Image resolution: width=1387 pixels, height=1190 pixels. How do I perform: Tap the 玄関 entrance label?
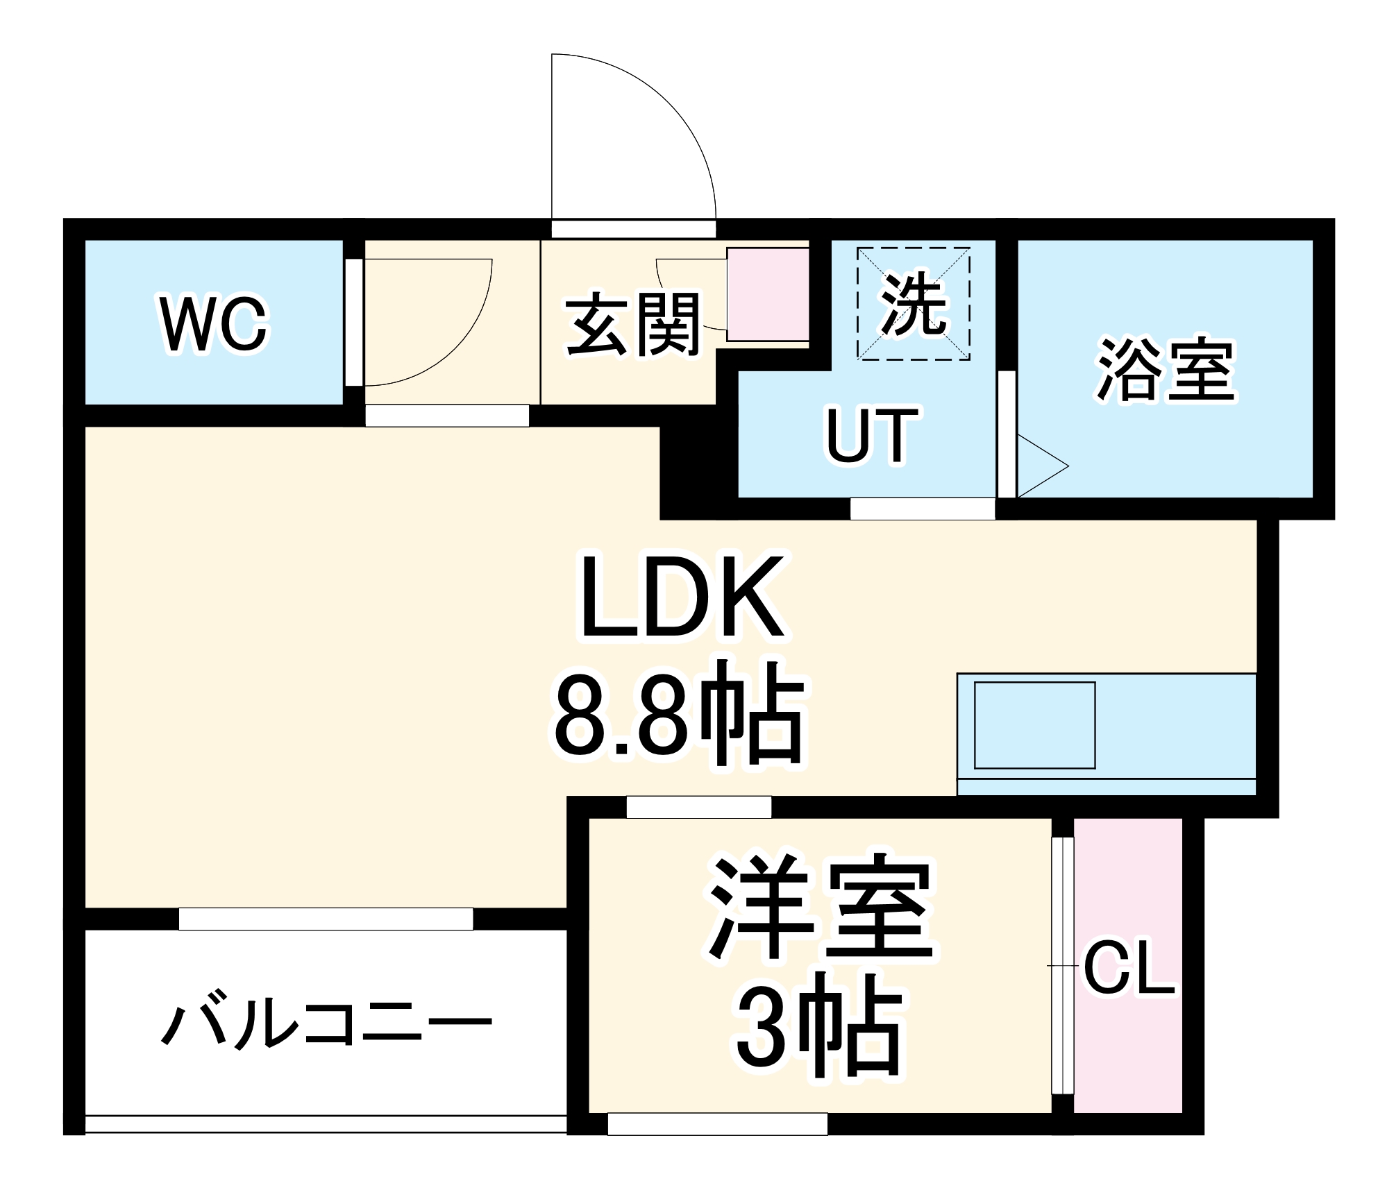(x=633, y=324)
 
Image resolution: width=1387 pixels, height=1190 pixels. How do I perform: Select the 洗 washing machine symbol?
(x=913, y=304)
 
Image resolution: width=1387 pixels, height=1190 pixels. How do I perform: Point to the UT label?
(x=872, y=435)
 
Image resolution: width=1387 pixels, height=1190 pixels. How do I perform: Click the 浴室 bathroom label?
(x=1166, y=369)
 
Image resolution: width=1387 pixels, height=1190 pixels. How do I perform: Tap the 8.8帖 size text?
(x=679, y=715)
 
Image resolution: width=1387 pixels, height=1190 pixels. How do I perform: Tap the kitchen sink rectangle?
(x=1034, y=726)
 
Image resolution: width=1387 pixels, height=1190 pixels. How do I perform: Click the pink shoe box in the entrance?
(x=767, y=294)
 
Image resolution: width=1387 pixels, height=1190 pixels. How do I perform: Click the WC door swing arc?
(x=451, y=340)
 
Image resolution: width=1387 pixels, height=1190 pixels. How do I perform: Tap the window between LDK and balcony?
(x=326, y=919)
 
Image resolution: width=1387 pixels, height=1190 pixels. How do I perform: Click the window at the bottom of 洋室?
(x=717, y=1124)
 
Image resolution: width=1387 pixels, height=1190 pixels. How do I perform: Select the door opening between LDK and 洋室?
(x=698, y=807)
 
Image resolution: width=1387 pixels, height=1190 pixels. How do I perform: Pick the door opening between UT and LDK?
(x=922, y=509)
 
